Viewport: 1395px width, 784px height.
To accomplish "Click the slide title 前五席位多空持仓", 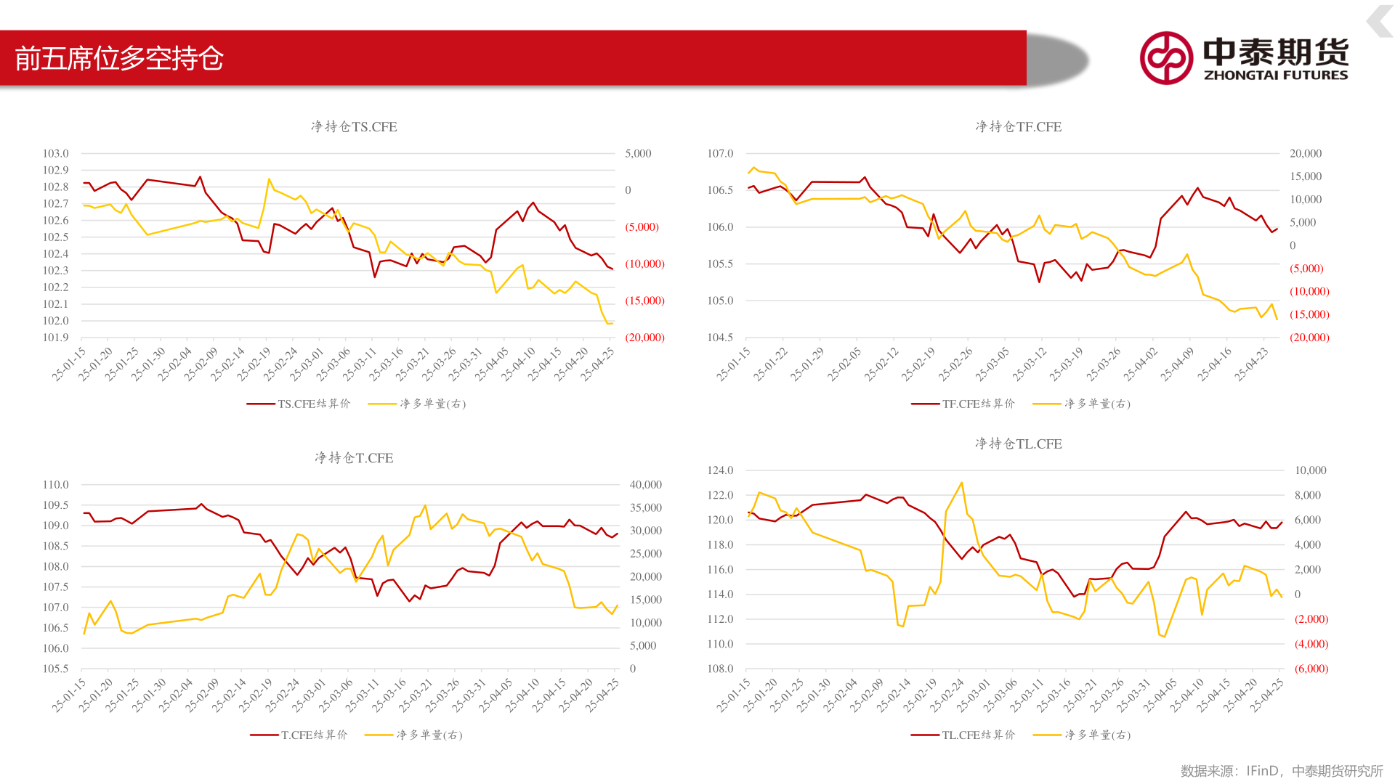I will (x=119, y=59).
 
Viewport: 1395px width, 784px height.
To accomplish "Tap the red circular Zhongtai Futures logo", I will (x=1166, y=58).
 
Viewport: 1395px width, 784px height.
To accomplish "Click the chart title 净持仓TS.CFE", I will (x=354, y=127).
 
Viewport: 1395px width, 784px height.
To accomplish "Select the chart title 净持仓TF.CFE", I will (x=1018, y=127).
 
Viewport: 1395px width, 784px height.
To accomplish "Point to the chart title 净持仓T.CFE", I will (x=354, y=458).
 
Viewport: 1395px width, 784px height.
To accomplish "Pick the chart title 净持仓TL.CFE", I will (x=1018, y=444).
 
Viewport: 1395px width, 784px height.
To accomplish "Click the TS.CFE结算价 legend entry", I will (x=299, y=404).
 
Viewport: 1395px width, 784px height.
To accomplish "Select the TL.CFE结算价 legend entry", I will (x=963, y=735).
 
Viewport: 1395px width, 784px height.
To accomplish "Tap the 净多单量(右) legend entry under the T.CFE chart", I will (x=414, y=735).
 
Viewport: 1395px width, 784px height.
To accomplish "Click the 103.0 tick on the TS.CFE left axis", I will (x=55, y=154).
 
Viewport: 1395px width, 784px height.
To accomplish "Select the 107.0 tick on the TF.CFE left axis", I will (x=720, y=154).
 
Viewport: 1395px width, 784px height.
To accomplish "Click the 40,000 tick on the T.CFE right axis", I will (x=645, y=485).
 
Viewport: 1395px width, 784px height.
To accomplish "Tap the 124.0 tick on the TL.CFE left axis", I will (x=720, y=470).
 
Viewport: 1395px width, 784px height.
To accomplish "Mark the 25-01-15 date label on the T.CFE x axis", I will (x=69, y=695).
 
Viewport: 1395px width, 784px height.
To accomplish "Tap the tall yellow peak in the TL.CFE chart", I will (x=961, y=483).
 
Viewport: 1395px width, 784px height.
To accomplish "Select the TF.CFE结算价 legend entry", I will (x=963, y=404).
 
